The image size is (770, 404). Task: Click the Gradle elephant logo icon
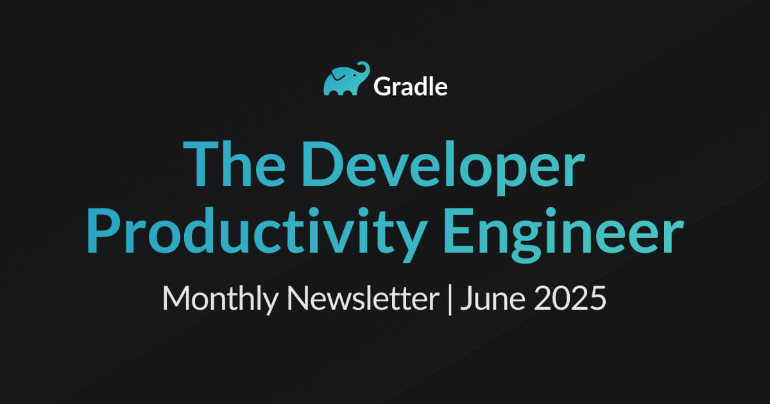coord(346,79)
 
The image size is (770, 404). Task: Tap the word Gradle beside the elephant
coord(411,87)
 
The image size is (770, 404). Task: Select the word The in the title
coord(234,164)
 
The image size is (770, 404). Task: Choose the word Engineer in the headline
coord(563,235)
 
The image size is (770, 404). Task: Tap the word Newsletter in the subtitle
coord(363,298)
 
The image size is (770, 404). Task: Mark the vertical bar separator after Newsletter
coord(450,299)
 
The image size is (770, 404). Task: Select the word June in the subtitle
coord(492,298)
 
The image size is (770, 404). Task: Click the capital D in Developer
coord(322,164)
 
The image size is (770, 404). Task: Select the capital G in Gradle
coord(382,87)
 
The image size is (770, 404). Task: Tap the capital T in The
coord(201,164)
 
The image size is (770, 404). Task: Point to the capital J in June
coord(467,298)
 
